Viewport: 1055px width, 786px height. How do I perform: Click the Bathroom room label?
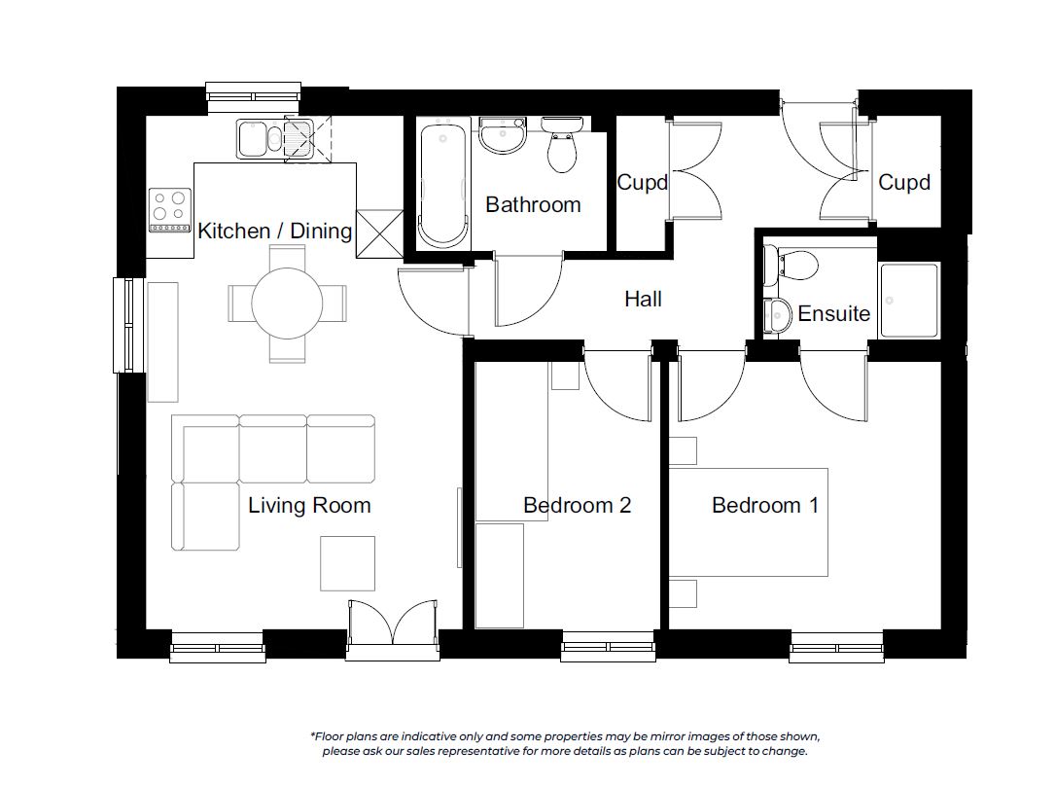point(533,204)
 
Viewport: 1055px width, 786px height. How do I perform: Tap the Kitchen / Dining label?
point(274,231)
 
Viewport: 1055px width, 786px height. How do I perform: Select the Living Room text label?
point(309,506)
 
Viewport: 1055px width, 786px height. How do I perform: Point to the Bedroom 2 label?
point(578,506)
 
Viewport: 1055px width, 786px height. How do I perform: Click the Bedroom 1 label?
point(765,506)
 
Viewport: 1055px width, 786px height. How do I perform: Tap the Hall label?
point(644,299)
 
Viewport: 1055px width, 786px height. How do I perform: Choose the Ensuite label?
point(833,313)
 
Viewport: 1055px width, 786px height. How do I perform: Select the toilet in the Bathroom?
point(562,144)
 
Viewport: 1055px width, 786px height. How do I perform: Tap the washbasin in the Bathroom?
point(503,134)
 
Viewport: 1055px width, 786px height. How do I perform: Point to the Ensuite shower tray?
point(908,301)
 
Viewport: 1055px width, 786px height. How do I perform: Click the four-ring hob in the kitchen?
point(169,210)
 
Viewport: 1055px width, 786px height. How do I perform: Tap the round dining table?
point(287,304)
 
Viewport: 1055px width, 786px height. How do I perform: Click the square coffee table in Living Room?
point(347,563)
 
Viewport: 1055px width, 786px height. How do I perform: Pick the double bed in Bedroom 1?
point(748,522)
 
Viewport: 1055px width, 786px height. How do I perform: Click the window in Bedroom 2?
point(609,647)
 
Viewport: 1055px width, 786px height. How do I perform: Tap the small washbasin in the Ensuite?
point(778,315)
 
